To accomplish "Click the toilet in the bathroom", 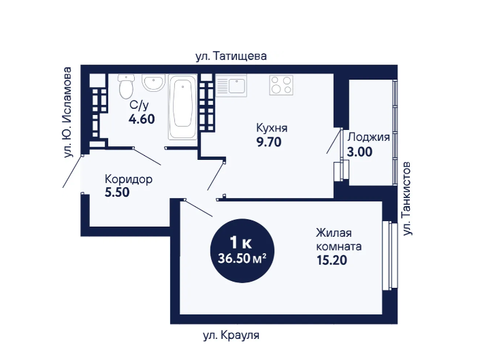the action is (126, 86).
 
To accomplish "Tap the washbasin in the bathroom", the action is (152, 82).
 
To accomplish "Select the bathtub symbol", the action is (182, 107).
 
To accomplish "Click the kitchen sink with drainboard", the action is (231, 85).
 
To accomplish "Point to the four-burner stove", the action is (281, 85).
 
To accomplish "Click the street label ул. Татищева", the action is (231, 56).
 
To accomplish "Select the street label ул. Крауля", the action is (231, 335).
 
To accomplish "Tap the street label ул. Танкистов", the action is (408, 198).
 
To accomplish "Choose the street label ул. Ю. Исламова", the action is (67, 112).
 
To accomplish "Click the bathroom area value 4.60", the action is (142, 119).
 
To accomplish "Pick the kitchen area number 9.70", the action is (269, 142).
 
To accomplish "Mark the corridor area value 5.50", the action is (117, 192).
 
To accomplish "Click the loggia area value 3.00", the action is (359, 152).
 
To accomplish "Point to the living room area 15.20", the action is (332, 260).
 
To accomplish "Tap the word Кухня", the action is (272, 128).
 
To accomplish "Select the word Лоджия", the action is (368, 137).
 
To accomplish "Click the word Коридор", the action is (129, 179).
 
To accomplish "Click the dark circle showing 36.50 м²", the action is (242, 250).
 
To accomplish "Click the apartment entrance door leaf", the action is (73, 171).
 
